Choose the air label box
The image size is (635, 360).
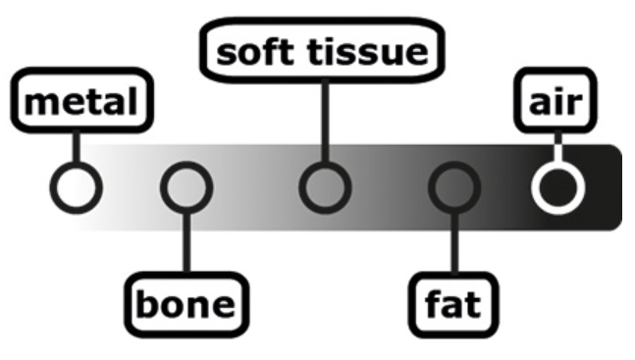[556, 101]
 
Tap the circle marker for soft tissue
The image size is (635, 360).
[324, 186]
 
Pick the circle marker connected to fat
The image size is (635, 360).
[453, 186]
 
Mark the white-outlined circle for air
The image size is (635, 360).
[556, 186]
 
